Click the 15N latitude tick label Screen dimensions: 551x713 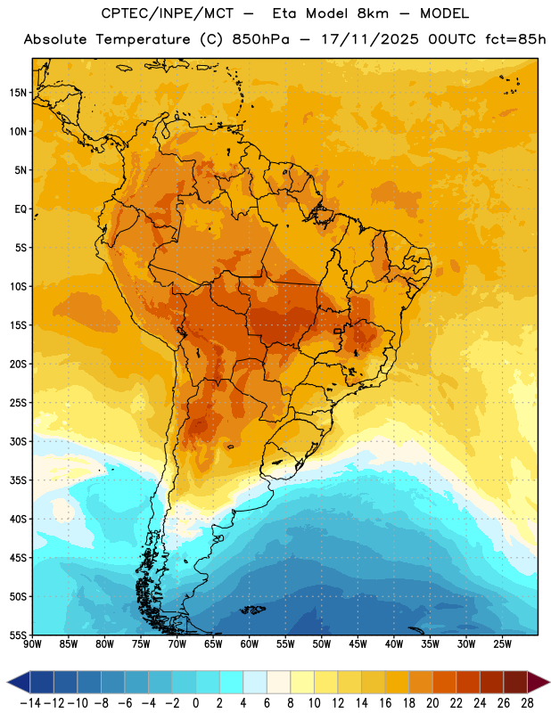[x=18, y=93]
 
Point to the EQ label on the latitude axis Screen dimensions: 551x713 [x=21, y=209]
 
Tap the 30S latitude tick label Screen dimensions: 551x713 [x=18, y=441]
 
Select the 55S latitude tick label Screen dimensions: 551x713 [x=18, y=635]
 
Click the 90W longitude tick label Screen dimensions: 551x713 [x=33, y=644]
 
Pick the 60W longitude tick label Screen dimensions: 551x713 [x=250, y=644]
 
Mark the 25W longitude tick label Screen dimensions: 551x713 [x=502, y=644]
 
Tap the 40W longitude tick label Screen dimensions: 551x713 [x=394, y=644]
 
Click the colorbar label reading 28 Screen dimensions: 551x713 [x=527, y=703]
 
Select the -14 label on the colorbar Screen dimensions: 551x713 [x=30, y=703]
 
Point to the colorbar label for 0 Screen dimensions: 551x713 [x=196, y=703]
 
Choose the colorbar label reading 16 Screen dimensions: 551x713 [x=385, y=703]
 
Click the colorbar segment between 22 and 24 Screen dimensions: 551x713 [x=468, y=682]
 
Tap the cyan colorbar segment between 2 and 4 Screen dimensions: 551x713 [x=232, y=682]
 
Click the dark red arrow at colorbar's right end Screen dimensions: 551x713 [x=539, y=682]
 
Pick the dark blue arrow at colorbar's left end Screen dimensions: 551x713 [x=19, y=682]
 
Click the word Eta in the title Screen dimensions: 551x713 [x=284, y=13]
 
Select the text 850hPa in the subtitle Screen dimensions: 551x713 [x=260, y=39]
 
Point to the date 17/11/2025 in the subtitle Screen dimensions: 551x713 [x=370, y=39]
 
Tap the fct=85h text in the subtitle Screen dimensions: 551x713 [x=515, y=39]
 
